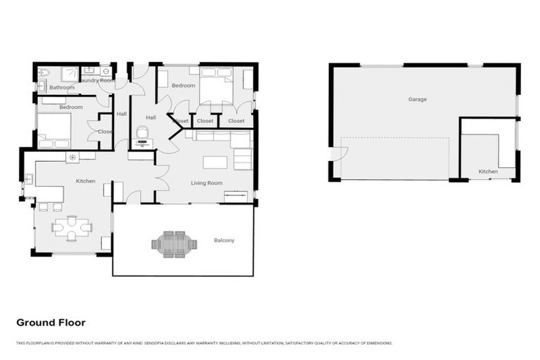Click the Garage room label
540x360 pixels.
417,99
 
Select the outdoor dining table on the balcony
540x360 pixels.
169,245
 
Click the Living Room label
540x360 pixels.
207,183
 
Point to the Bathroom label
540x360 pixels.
62,87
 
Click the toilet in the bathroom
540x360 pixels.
42,73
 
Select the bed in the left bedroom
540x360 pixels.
53,130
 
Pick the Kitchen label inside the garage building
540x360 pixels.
488,172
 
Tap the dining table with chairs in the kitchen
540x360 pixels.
72,226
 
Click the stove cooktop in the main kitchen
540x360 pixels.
72,157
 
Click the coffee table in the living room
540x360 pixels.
215,162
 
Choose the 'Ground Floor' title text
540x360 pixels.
51,323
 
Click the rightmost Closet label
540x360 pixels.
236,121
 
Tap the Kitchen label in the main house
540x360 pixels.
86,181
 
